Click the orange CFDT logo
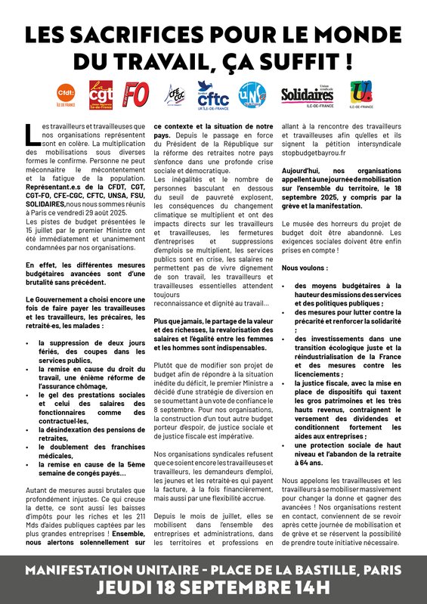(66, 94)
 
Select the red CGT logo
(101, 95)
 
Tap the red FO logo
(136, 95)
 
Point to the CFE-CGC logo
(175, 94)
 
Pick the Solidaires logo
(308, 94)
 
